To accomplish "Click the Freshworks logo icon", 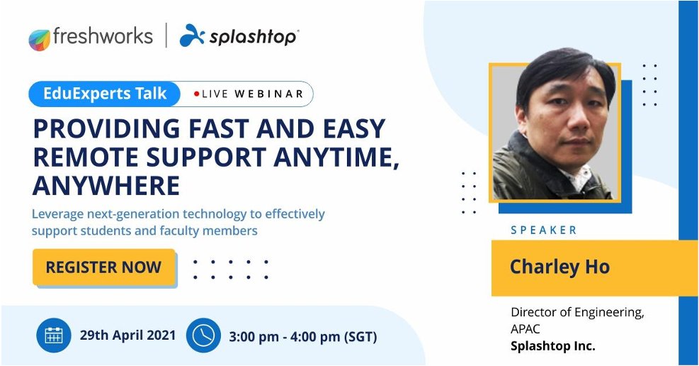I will click(40, 39).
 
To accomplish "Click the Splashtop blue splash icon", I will click(192, 35).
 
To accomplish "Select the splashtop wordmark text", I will click(253, 37).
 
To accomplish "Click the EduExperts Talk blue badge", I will click(106, 93).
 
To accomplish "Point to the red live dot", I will click(196, 94).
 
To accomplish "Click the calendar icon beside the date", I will click(54, 335).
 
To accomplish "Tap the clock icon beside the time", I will click(203, 335).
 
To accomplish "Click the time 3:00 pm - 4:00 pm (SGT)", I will click(302, 336).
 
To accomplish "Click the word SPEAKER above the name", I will click(544, 230).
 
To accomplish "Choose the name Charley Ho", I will click(559, 267).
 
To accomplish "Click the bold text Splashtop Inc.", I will click(553, 346).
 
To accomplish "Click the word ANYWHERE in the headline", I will click(106, 185).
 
